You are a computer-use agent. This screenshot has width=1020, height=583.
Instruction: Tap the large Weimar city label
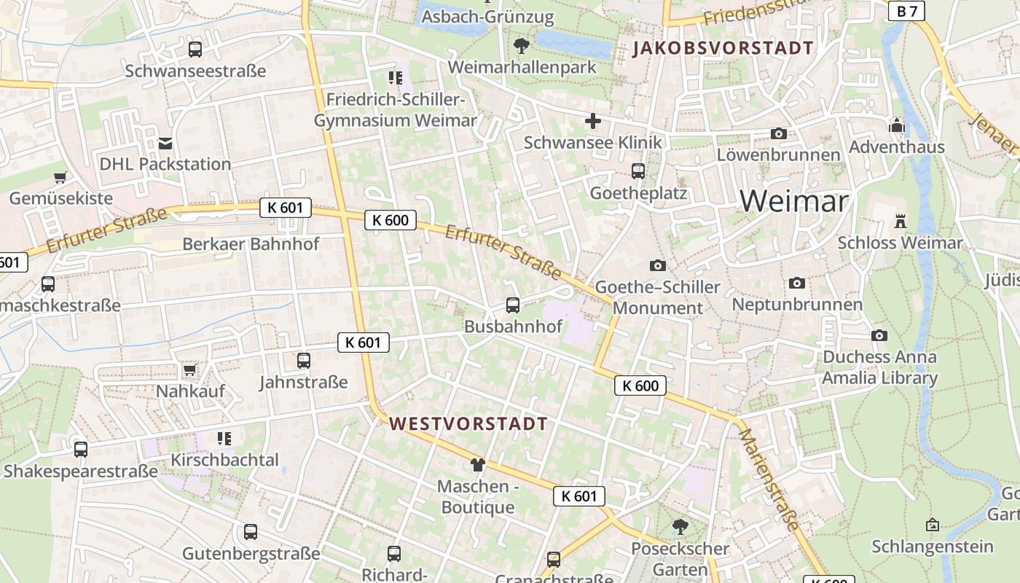(794, 200)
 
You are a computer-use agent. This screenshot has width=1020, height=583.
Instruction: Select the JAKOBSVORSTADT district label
(723, 49)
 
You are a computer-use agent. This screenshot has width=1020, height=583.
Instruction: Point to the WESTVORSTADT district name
(468, 423)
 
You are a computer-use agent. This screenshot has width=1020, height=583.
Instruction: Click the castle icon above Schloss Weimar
(901, 221)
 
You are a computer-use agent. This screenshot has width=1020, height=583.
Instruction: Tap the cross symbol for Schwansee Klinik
(593, 120)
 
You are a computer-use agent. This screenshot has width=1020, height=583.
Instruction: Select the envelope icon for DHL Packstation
(166, 143)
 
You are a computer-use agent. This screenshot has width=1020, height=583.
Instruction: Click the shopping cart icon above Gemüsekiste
(60, 177)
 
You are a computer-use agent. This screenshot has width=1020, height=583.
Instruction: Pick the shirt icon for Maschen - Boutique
(477, 464)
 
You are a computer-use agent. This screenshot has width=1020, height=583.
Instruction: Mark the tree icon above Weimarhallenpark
(521, 46)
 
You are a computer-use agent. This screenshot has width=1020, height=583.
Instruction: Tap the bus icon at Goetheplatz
(638, 171)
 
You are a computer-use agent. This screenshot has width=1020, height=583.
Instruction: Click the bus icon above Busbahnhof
(513, 305)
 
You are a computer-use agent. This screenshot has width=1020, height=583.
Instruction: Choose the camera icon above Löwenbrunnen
(779, 133)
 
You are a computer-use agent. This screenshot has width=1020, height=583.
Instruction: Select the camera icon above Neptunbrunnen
(797, 283)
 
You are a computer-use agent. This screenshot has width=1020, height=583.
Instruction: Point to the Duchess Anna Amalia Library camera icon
(879, 335)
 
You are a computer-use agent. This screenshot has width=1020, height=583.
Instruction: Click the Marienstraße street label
(769, 479)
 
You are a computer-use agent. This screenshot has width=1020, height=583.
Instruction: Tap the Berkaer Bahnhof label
(251, 243)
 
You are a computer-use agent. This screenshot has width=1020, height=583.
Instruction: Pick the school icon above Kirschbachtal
(224, 439)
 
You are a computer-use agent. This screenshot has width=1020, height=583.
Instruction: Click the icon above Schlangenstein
(933, 525)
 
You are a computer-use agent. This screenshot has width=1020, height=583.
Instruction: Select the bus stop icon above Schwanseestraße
(195, 50)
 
